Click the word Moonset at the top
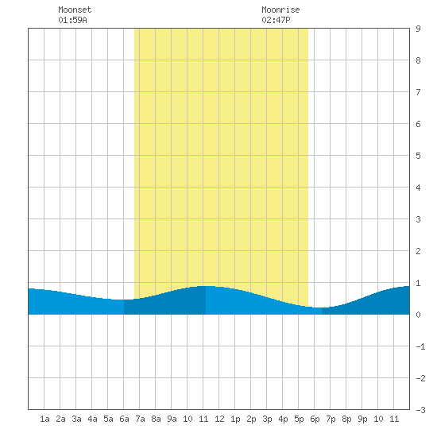pos(75,10)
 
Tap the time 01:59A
pos(73,20)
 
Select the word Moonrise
pos(280,10)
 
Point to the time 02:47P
pos(276,20)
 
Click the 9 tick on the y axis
pos(418,29)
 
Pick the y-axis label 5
pos(418,156)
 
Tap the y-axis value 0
pos(418,315)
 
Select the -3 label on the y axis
pos(420,410)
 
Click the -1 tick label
pos(420,346)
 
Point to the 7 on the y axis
pos(418,92)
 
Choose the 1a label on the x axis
pos(44,419)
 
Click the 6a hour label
pos(124,419)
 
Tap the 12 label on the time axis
pos(219,419)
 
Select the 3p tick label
pos(267,419)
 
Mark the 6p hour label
pos(315,419)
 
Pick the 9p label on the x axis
pos(362,419)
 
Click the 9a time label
pos(172,419)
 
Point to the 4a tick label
pos(92,419)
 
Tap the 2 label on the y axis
pos(418,251)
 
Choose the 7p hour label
pos(331,419)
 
